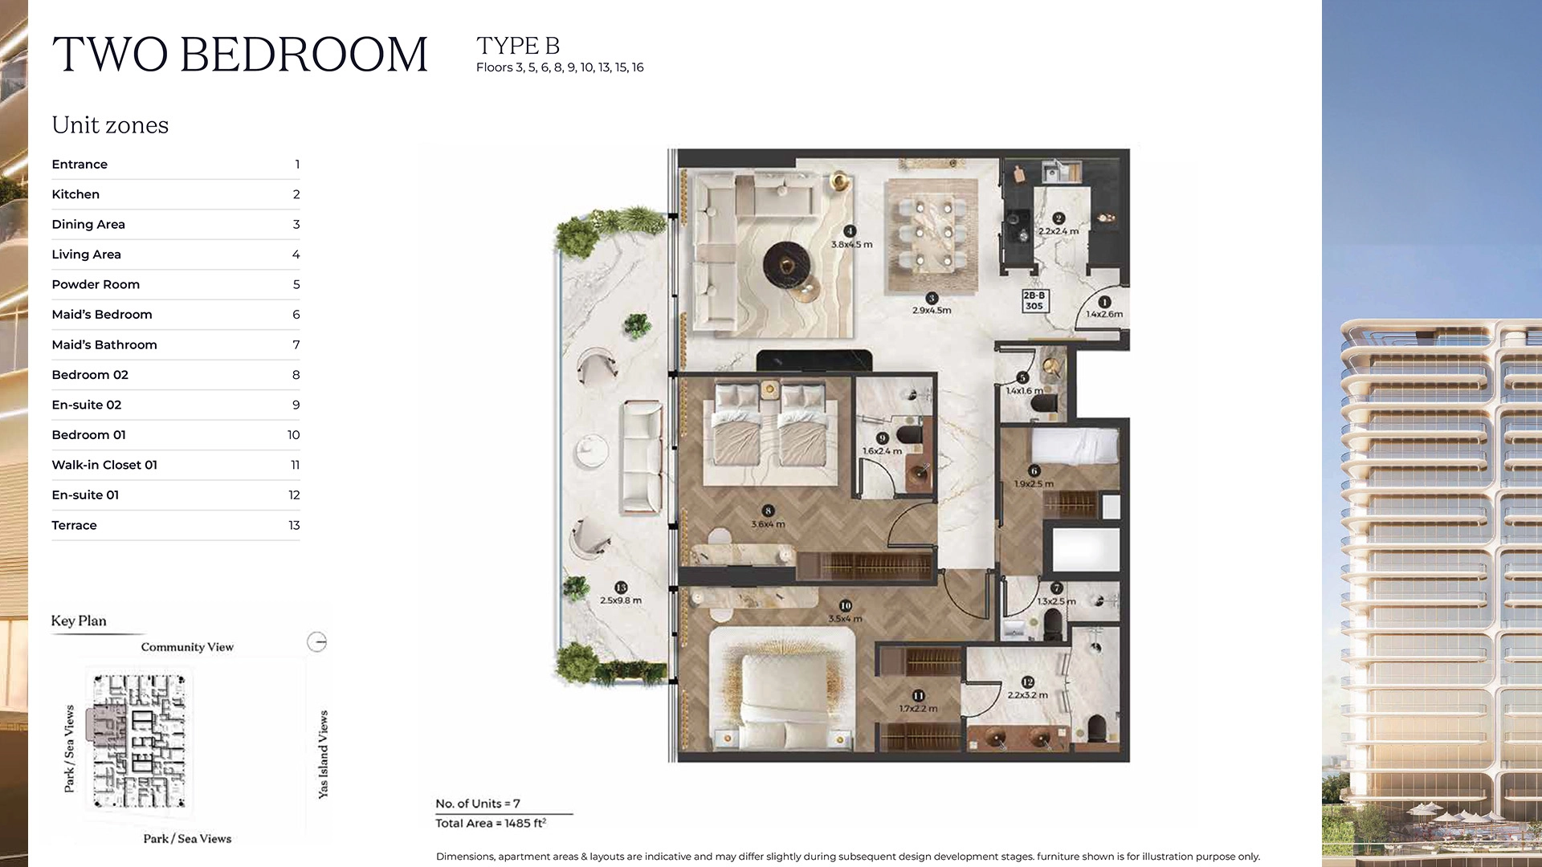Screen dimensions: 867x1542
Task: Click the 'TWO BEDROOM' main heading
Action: pos(240,55)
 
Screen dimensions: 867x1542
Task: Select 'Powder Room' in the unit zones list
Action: pos(96,284)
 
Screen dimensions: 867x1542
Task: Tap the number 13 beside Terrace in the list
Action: pos(294,525)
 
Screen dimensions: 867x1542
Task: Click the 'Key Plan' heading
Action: pos(79,621)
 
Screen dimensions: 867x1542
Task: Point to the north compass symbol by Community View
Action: pos(317,642)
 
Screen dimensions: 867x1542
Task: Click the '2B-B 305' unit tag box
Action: pos(1034,301)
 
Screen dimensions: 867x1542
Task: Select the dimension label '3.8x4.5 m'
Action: pos(851,245)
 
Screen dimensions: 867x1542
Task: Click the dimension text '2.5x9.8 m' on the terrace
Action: pos(621,600)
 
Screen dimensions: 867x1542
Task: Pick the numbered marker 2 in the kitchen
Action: pos(1059,218)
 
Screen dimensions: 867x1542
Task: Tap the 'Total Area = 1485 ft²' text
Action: pos(491,823)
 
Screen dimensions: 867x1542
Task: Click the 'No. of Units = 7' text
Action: pos(478,804)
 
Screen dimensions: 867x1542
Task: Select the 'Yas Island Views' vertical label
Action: pos(324,754)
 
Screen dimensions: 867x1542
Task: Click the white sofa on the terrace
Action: pos(640,458)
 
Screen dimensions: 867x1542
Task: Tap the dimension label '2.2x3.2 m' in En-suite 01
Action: pos(1027,695)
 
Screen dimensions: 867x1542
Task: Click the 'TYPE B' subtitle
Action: pos(518,46)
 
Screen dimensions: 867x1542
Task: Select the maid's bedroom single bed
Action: pos(1075,446)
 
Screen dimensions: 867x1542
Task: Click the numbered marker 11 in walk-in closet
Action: pos(918,696)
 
